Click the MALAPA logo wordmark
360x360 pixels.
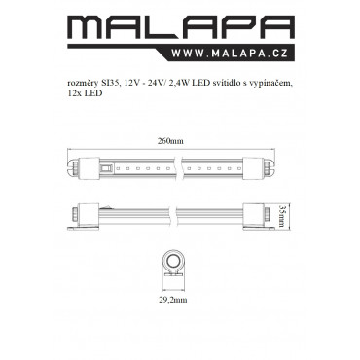pos(181,27)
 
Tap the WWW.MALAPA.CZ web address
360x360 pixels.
pos(230,53)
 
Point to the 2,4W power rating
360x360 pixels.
pos(180,84)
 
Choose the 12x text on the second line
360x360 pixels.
pos(73,93)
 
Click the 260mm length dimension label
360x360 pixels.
pos(170,141)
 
